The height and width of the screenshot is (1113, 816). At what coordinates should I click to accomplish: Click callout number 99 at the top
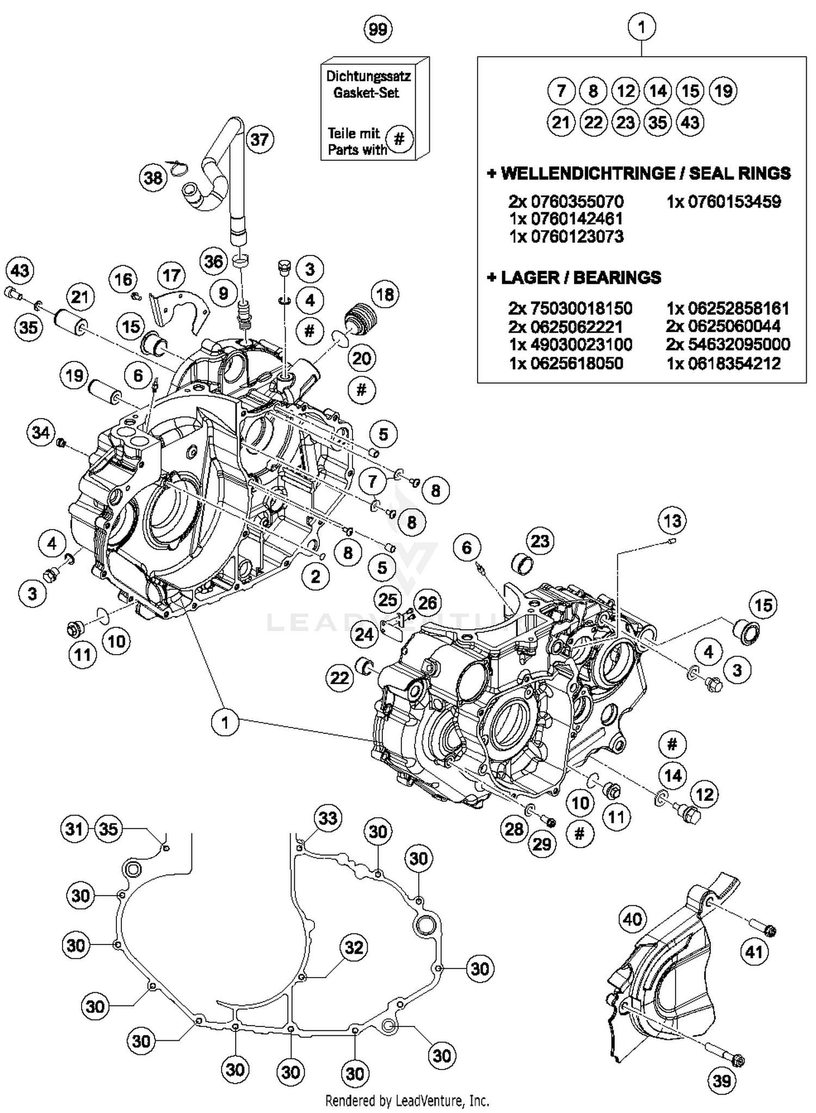click(378, 29)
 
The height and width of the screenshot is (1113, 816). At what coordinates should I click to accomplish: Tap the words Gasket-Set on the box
click(366, 93)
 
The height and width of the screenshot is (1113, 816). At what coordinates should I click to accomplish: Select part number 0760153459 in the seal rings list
click(724, 202)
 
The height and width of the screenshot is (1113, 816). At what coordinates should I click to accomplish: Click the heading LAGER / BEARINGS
click(574, 277)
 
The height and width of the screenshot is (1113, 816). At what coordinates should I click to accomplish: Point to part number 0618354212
click(724, 363)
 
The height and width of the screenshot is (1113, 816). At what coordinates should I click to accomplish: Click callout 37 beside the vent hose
click(259, 140)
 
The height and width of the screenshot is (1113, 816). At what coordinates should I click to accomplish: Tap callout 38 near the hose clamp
click(153, 178)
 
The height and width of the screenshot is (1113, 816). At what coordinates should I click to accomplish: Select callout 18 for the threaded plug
click(385, 295)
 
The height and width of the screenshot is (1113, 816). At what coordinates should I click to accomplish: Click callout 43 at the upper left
click(20, 270)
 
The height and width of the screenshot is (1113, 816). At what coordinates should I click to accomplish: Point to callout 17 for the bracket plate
click(171, 276)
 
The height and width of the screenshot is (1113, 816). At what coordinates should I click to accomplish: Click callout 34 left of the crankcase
click(41, 433)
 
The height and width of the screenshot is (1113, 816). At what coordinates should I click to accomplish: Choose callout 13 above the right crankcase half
click(672, 521)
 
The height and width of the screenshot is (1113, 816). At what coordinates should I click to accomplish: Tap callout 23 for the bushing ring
click(540, 541)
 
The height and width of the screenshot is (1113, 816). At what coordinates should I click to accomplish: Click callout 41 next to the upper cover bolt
click(754, 952)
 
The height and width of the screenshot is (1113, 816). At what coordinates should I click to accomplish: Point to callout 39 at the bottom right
click(722, 1081)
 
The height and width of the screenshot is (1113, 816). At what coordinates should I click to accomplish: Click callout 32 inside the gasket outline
click(354, 947)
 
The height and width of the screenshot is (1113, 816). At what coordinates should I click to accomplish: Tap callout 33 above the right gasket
click(327, 818)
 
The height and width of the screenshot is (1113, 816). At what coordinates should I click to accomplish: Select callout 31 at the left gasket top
click(75, 829)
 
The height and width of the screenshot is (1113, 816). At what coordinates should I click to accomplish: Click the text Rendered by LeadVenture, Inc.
click(407, 1100)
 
